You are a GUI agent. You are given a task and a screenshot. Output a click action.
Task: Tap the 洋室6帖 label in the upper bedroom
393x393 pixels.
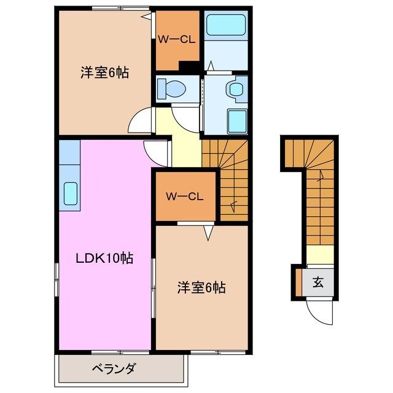point(104,72)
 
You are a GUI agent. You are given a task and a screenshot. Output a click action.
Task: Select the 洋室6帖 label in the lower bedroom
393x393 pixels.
point(201,287)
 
